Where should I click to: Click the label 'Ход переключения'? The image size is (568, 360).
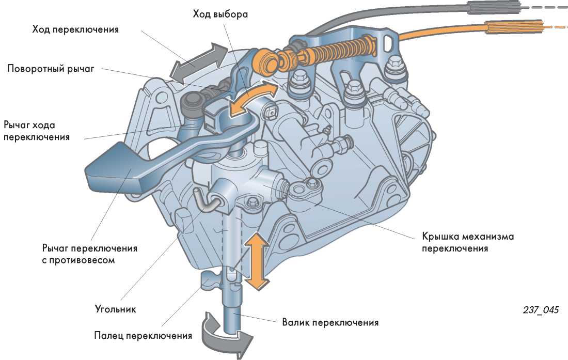click(75, 29)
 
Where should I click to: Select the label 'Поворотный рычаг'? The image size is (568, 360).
click(51, 69)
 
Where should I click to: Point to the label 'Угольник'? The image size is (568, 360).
click(115, 309)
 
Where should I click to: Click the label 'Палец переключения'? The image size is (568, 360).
click(143, 336)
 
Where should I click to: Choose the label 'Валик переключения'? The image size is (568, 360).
click(330, 323)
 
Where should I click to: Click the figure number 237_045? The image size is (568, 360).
click(541, 310)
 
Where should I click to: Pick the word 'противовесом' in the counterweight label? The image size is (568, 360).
click(84, 260)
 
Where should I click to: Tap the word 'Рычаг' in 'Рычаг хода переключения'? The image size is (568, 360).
click(19, 125)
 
